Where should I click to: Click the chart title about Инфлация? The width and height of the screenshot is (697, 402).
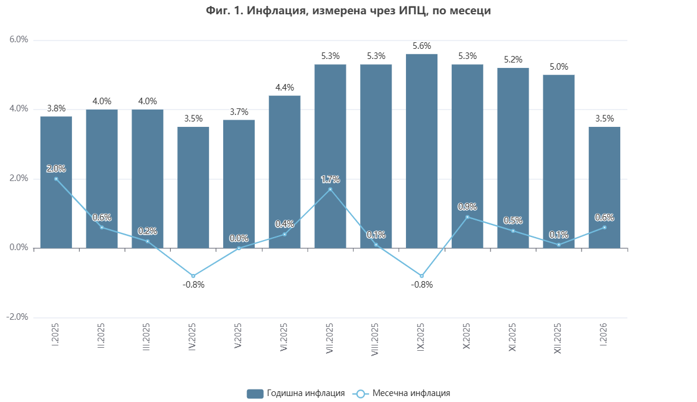pos(348,10)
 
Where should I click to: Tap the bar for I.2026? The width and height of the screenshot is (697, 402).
pos(604,188)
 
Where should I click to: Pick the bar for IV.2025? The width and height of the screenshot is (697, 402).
pos(193,188)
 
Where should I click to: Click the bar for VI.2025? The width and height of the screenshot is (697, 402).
pos(285,172)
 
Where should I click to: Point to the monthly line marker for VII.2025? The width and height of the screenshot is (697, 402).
pos(330,189)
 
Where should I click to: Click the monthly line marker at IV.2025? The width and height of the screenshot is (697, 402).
pos(193,276)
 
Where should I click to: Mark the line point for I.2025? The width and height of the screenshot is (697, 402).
pos(56,179)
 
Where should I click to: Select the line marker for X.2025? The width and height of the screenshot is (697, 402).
pos(467,217)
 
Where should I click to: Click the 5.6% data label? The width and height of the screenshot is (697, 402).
pos(421,46)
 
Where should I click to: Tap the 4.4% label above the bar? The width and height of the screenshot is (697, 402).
pos(285,88)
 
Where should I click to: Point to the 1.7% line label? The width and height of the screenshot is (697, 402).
pos(330,179)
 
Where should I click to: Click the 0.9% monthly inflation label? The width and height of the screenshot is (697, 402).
pos(467,207)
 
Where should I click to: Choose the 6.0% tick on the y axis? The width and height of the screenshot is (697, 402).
pos(18,40)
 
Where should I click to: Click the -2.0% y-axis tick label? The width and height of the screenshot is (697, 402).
pos(17,317)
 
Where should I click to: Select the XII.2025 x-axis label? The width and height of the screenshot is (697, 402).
pos(558,339)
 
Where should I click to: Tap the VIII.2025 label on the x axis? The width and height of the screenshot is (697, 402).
pos(376,340)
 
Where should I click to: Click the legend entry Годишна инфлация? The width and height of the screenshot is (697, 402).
pos(296,393)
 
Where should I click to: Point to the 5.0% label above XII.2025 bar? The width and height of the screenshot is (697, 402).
pos(558,67)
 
